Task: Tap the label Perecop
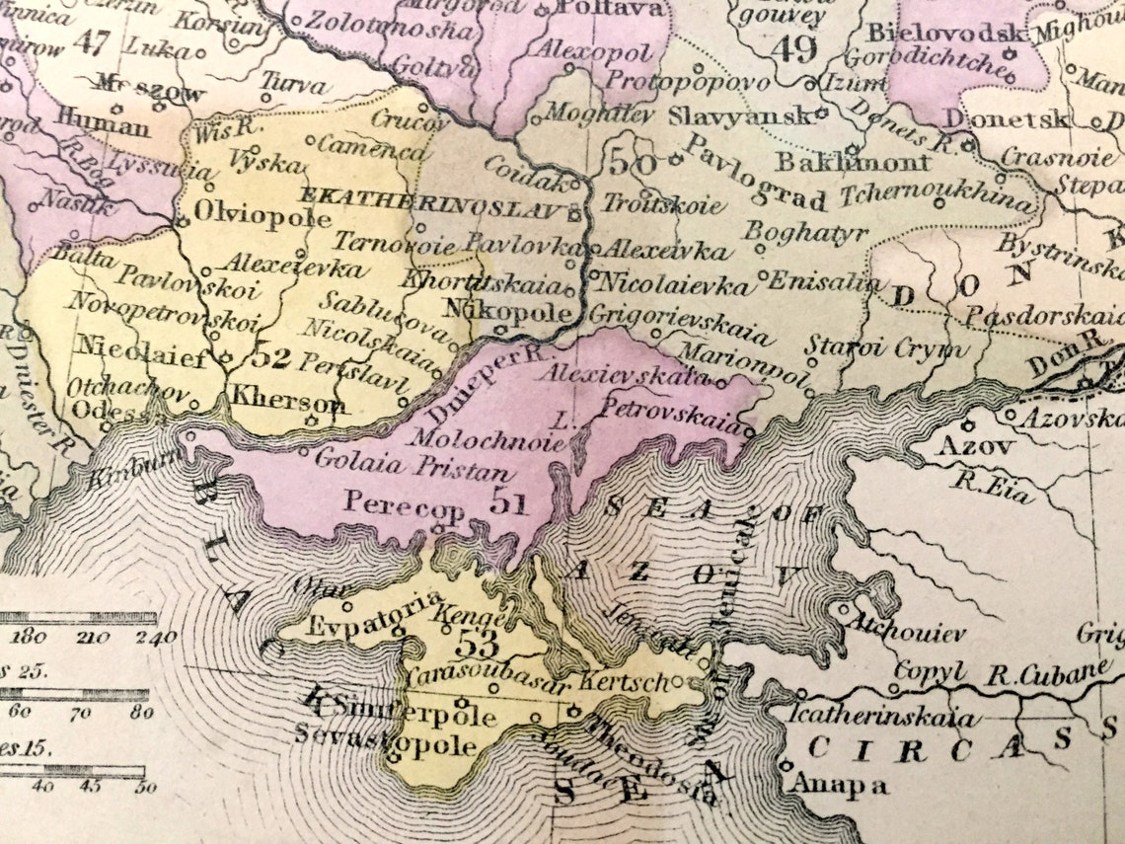point(404,502)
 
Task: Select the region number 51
point(509,504)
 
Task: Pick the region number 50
point(628,159)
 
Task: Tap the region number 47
point(91,41)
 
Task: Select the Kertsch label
point(628,682)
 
